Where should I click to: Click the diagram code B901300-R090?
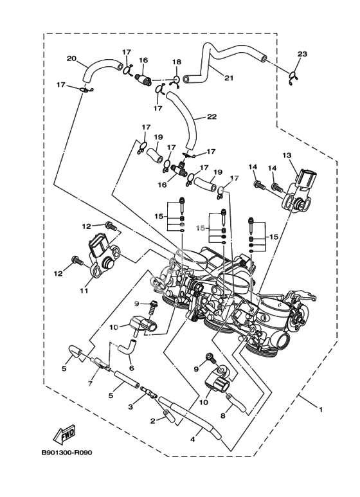pyautogui.click(x=67, y=453)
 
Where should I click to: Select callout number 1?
pyautogui.click(x=320, y=410)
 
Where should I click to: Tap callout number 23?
pyautogui.click(x=302, y=54)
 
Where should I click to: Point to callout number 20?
pyautogui.click(x=71, y=59)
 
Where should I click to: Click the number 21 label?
pyautogui.click(x=229, y=78)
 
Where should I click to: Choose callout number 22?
pyautogui.click(x=212, y=116)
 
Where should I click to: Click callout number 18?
pyautogui.click(x=177, y=62)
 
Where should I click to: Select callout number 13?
pyautogui.click(x=287, y=156)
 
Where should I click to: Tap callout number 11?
pyautogui.click(x=84, y=291)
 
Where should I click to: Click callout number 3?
pyautogui.click(x=130, y=407)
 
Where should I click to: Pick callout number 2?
pyautogui.click(x=153, y=421)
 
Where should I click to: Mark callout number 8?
pyautogui.click(x=223, y=416)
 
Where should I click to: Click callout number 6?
pyautogui.click(x=132, y=368)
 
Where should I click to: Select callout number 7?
pyautogui.click(x=90, y=384)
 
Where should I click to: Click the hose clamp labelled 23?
pyautogui.click(x=293, y=78)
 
